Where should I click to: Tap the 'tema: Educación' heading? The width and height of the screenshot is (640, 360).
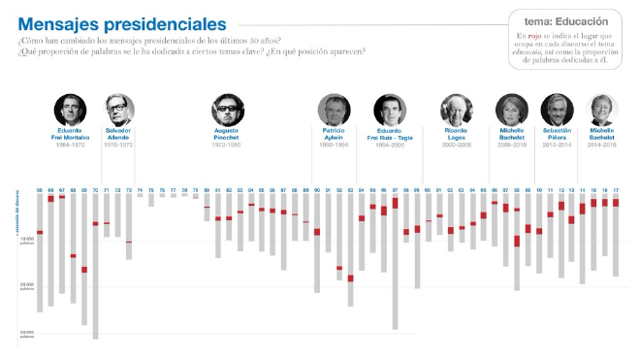pyautogui.click(x=565, y=19)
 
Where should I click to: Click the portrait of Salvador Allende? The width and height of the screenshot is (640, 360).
pyautogui.click(x=118, y=109)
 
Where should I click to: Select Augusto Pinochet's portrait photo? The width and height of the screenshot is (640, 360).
pyautogui.click(x=226, y=109)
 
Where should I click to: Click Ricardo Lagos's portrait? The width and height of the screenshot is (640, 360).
pyautogui.click(x=455, y=109)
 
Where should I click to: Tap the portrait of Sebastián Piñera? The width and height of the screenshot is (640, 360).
pyautogui.click(x=556, y=109)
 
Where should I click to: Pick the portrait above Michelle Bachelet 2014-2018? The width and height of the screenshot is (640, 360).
pyautogui.click(x=600, y=109)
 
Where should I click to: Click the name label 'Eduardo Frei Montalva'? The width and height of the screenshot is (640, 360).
pyautogui.click(x=70, y=133)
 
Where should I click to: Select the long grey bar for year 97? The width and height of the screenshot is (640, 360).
pyautogui.click(x=395, y=262)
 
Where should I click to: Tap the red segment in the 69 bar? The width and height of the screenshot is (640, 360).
pyautogui.click(x=84, y=270)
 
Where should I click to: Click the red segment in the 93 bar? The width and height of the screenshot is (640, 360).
pyautogui.click(x=350, y=278)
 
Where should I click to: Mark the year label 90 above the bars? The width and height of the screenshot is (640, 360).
pyautogui.click(x=317, y=190)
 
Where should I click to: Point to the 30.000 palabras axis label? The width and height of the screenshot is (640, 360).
pyautogui.click(x=27, y=334)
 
